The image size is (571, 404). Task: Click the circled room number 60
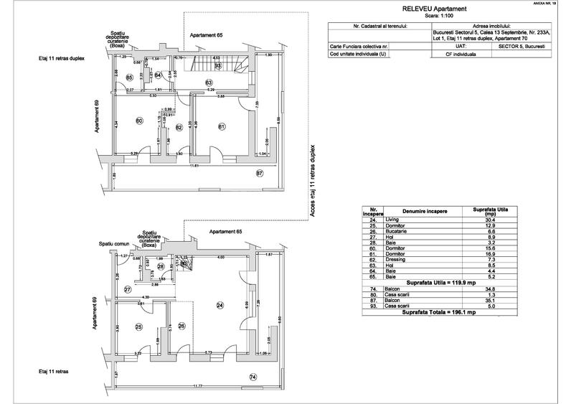click(139, 121)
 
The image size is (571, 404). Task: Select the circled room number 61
click(222, 127)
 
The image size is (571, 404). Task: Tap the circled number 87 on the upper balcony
click(260, 173)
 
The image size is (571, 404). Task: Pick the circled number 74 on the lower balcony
click(253, 377)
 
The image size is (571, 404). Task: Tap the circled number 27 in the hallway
click(127, 289)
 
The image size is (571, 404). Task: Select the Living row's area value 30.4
click(491, 220)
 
